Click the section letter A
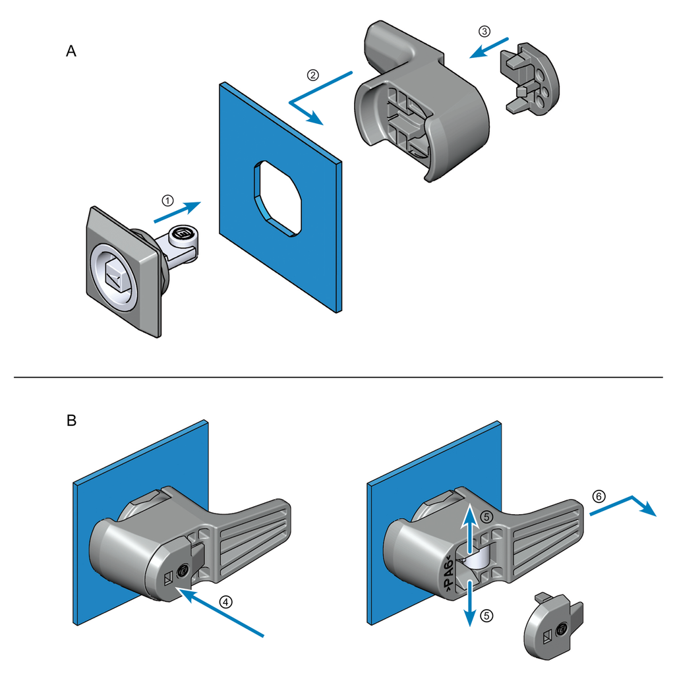coord(71,51)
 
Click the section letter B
coord(71,420)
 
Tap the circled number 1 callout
coord(168,200)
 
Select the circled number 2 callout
coord(313,74)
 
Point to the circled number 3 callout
coord(484,31)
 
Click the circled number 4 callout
coord(225,601)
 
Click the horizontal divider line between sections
coord(337,377)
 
